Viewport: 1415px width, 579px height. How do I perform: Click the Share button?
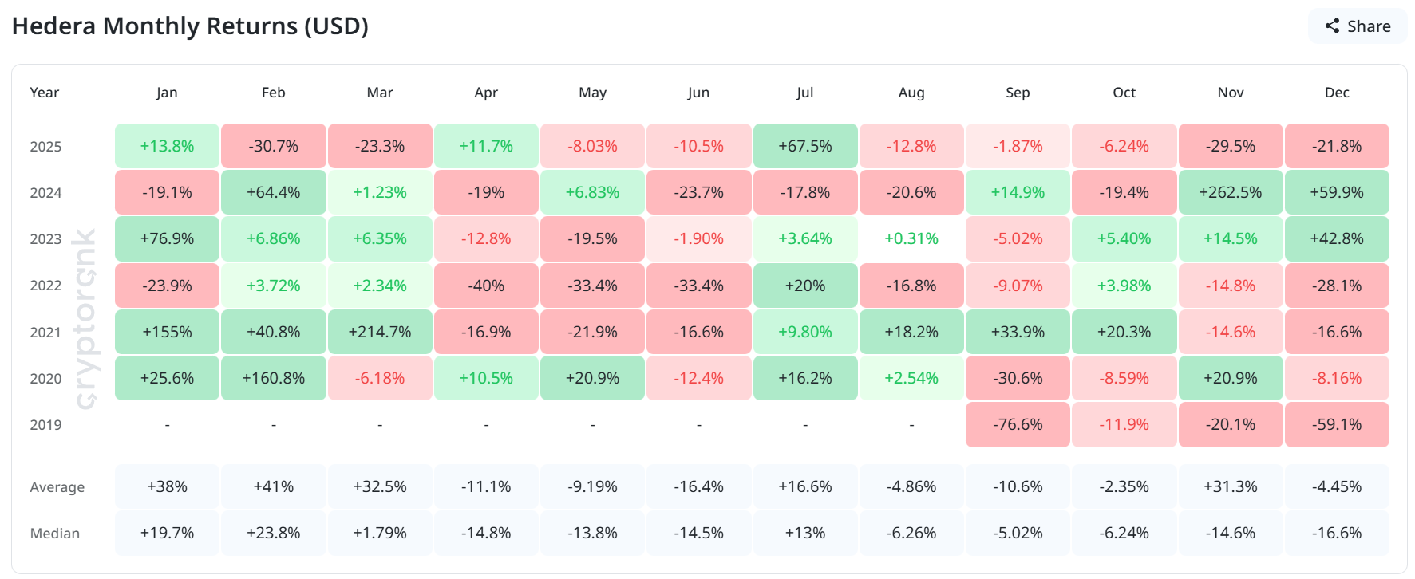point(1358,26)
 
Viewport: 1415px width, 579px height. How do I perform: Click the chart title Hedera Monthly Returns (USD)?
point(190,26)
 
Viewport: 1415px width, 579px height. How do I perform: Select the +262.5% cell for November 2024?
point(1230,192)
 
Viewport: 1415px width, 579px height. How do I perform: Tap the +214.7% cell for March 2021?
point(380,332)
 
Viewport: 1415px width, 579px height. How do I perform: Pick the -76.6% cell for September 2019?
point(1018,424)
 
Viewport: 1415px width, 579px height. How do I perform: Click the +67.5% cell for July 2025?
point(805,146)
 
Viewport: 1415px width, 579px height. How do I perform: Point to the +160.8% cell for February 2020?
point(274,378)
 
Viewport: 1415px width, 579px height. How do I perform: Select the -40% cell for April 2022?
point(486,286)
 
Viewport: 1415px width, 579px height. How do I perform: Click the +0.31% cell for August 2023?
point(911,238)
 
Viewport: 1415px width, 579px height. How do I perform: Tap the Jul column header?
point(805,93)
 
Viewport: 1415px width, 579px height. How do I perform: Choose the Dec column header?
point(1337,93)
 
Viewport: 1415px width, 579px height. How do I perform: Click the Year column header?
point(45,93)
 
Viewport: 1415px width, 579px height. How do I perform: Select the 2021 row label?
point(45,333)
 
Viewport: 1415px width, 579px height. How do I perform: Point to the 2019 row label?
point(45,425)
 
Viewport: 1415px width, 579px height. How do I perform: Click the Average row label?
point(57,487)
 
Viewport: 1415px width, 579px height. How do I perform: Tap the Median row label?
point(54,534)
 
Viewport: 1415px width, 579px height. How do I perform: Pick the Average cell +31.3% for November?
point(1230,486)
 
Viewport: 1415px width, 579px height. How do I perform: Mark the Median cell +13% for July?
point(805,533)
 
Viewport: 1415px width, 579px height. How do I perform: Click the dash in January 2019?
point(167,425)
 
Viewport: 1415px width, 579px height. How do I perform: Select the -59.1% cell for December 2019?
point(1337,424)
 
